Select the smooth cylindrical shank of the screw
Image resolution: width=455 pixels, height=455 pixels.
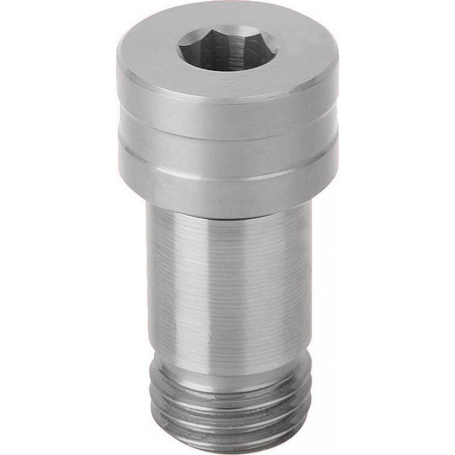227,281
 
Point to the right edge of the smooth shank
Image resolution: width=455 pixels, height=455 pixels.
309,281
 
